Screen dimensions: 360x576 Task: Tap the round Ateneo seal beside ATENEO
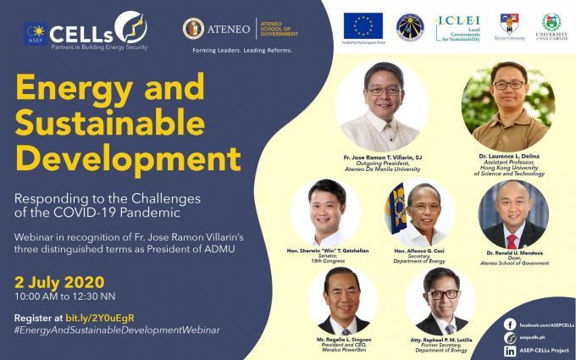point(194,28)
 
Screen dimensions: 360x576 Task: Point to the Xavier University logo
point(510,26)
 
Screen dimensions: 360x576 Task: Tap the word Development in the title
point(125,158)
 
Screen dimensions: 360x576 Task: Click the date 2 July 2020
point(58,281)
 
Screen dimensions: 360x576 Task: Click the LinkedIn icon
point(509,350)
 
